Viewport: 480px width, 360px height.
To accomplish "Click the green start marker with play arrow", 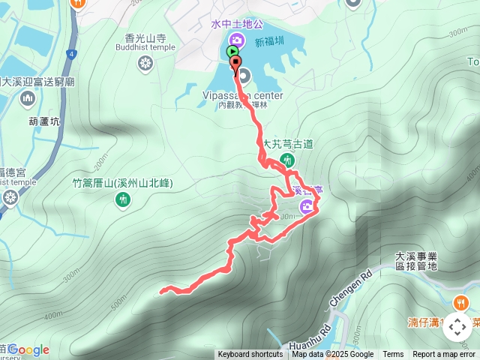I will point(232,52).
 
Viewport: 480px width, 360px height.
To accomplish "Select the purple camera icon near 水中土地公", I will point(236,40).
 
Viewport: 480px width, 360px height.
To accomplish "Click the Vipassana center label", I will point(242,96).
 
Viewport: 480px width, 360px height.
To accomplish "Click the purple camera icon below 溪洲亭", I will point(306,207).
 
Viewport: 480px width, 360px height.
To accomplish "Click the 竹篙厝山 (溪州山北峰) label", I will point(124,182).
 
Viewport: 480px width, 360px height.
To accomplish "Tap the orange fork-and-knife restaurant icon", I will point(460,304).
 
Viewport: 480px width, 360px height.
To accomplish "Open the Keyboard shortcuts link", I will point(250,355).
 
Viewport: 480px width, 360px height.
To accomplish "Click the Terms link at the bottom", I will point(393,355).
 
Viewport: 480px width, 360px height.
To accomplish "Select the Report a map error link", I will point(444,355).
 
